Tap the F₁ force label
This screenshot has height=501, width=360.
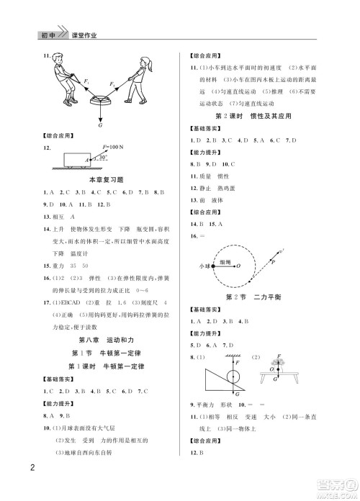point(85,81)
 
